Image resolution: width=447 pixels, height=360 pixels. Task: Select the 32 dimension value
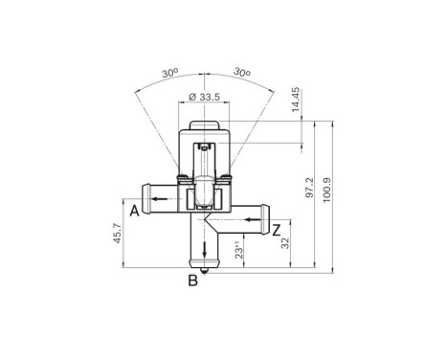[x=285, y=244]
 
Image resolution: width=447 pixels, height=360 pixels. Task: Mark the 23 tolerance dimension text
[x=240, y=250]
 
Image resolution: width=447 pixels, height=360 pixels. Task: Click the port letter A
[x=136, y=210]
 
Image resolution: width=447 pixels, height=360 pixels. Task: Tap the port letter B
[x=192, y=281]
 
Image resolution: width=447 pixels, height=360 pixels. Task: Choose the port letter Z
[x=276, y=229]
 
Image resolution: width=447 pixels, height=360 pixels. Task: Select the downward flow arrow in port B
[x=204, y=251]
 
